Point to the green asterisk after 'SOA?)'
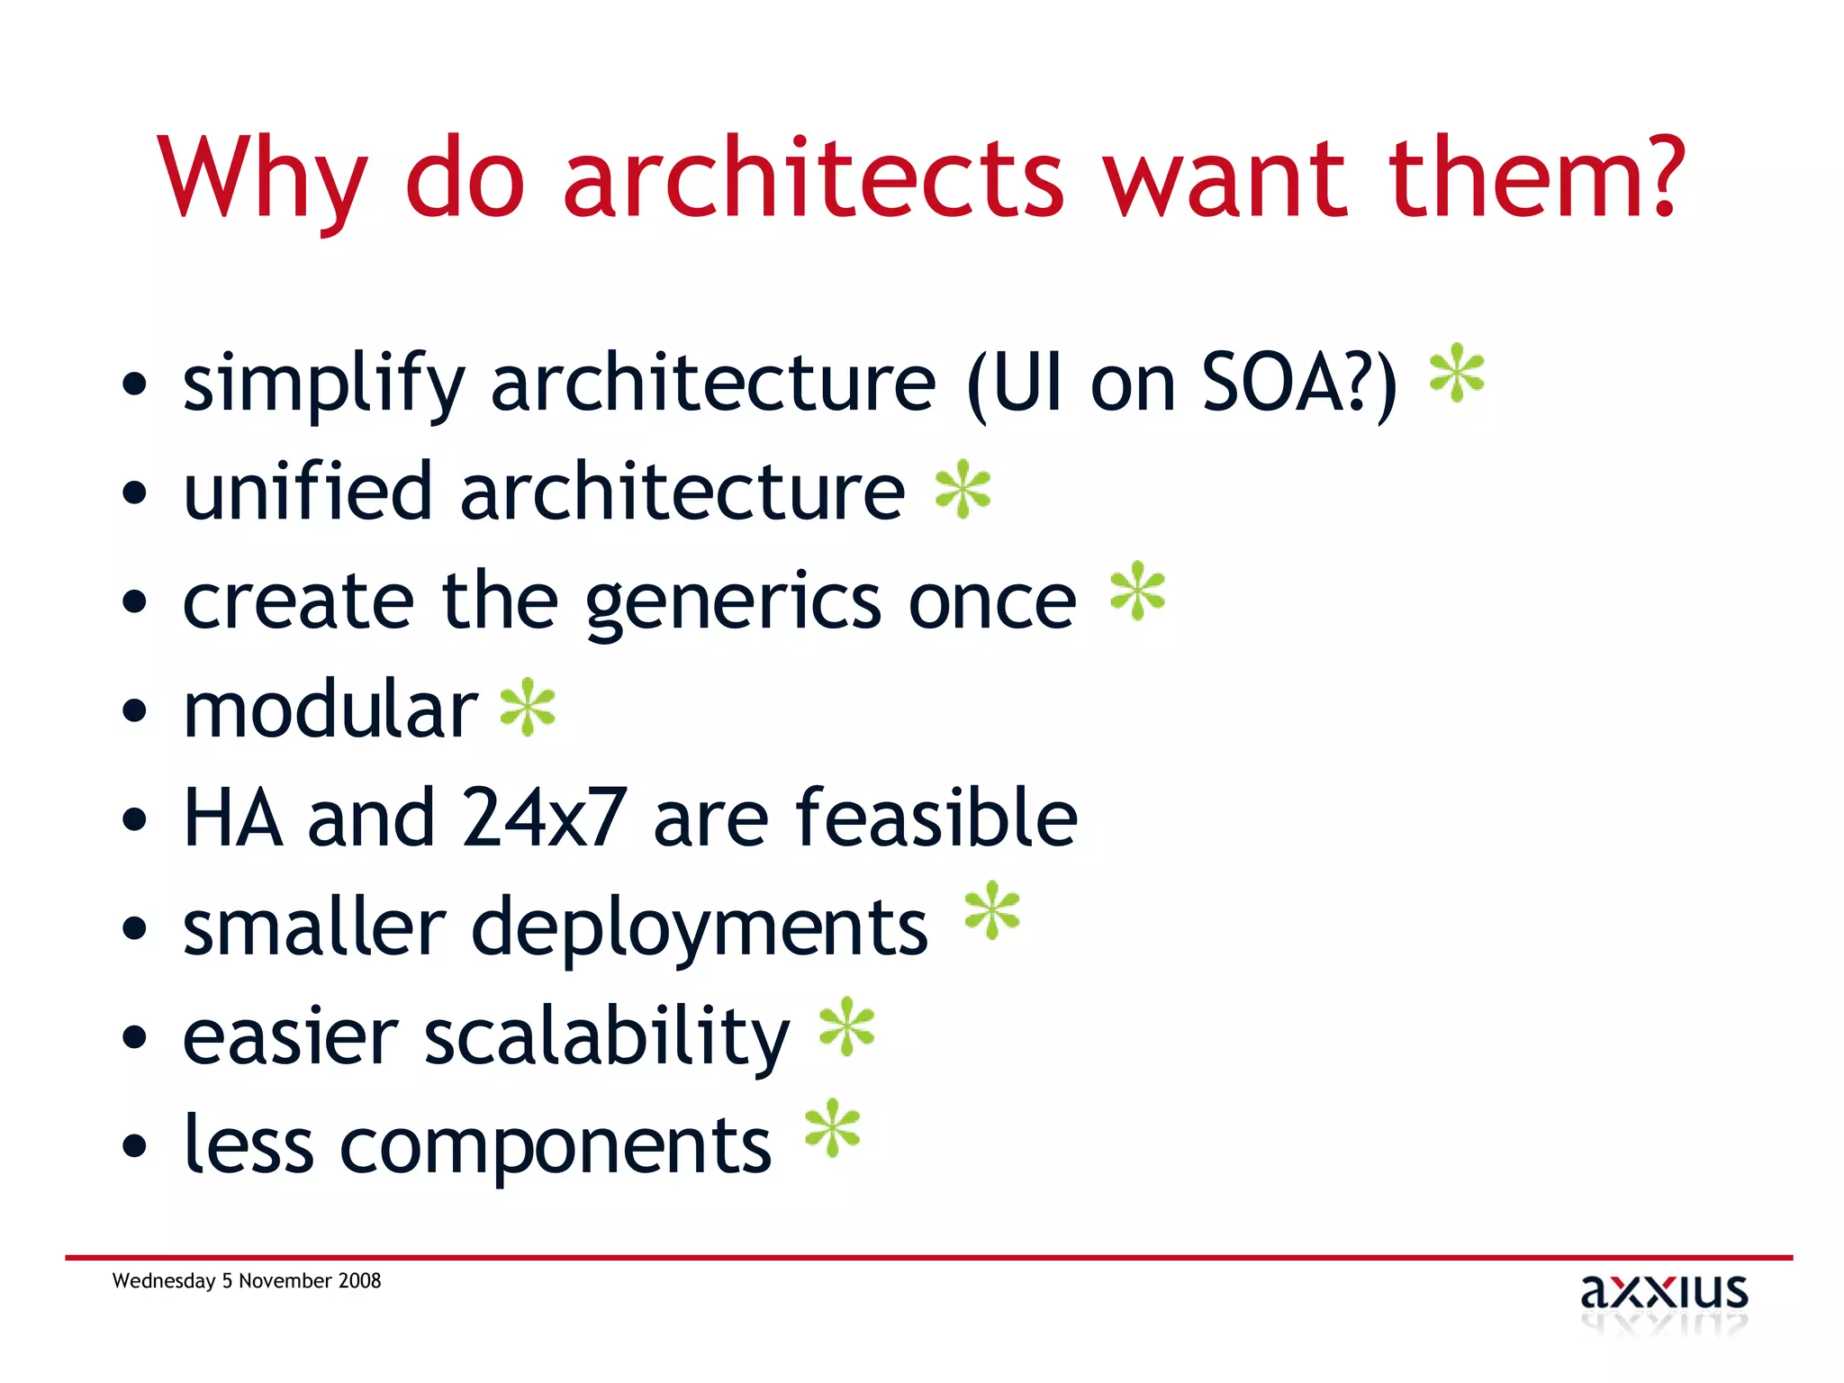click(x=1457, y=374)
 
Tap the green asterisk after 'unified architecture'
click(x=963, y=489)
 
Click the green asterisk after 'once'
click(x=1137, y=591)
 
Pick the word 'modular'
click(x=330, y=710)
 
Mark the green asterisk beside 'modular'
click(x=529, y=708)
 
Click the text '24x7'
click(x=544, y=818)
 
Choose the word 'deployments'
click(x=700, y=929)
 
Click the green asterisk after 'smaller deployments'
click(x=991, y=910)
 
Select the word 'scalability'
click(x=606, y=1038)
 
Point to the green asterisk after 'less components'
click(x=832, y=1127)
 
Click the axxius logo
click(x=1664, y=1297)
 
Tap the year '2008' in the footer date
click(x=360, y=1280)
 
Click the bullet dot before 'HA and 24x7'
click(x=134, y=820)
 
